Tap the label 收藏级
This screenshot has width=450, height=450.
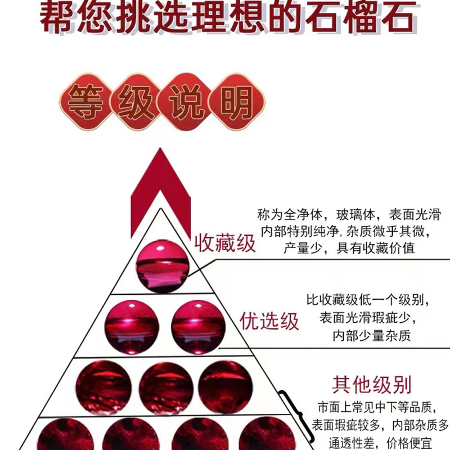click(225, 244)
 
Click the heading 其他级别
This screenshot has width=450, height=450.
click(371, 385)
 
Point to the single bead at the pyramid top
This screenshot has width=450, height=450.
click(163, 265)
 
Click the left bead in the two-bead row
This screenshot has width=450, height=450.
click(132, 327)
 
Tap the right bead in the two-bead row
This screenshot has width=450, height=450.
click(198, 327)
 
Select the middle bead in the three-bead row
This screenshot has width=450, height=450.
click(166, 388)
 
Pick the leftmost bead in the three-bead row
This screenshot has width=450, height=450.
click(103, 388)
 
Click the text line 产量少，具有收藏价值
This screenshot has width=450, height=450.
click(349, 248)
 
